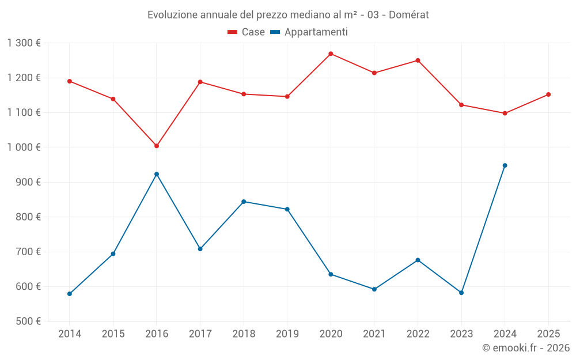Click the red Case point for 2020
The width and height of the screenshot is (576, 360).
[x=331, y=54]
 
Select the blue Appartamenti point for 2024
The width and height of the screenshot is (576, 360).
[x=505, y=165]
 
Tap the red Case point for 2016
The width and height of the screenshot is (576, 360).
[x=157, y=146]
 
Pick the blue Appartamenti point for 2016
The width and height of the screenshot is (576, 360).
[x=157, y=174]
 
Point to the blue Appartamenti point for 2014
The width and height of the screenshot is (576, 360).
[x=70, y=294]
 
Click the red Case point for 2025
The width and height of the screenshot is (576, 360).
[x=548, y=94]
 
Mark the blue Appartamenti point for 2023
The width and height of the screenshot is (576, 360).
[x=461, y=293]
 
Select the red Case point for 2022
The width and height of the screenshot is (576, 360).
[x=418, y=60]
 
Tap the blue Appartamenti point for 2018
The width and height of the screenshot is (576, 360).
[x=244, y=202]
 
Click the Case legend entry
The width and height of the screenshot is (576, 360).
[x=247, y=32]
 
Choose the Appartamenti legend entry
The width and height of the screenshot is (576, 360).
[x=309, y=32]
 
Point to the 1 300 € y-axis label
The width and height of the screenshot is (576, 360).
[x=24, y=43]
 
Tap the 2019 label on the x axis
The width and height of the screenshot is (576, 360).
[x=287, y=334]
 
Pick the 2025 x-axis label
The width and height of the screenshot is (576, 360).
[x=548, y=334]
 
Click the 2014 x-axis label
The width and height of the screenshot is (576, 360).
[x=70, y=334]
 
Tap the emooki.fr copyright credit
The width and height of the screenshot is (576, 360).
[x=526, y=348]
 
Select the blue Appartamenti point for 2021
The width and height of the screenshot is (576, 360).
[x=374, y=289]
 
